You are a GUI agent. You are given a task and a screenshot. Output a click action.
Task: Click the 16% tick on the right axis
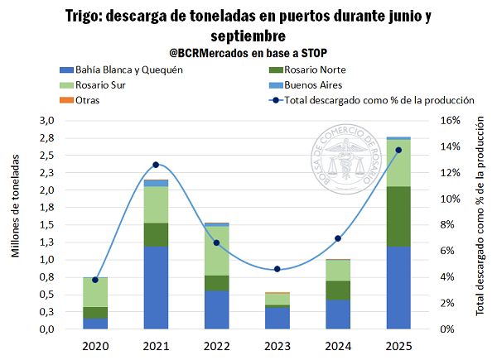coord(446,121)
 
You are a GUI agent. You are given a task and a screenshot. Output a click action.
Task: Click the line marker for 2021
coord(156,165)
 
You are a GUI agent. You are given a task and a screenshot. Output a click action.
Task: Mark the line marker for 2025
coord(398,150)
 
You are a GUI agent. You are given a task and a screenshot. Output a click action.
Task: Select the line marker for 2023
coord(277,269)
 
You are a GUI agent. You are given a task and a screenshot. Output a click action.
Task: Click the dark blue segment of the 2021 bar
coord(156,286)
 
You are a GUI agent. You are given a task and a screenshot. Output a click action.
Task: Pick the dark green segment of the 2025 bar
coord(398,216)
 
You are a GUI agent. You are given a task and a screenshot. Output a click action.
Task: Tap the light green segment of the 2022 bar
coord(216,250)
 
